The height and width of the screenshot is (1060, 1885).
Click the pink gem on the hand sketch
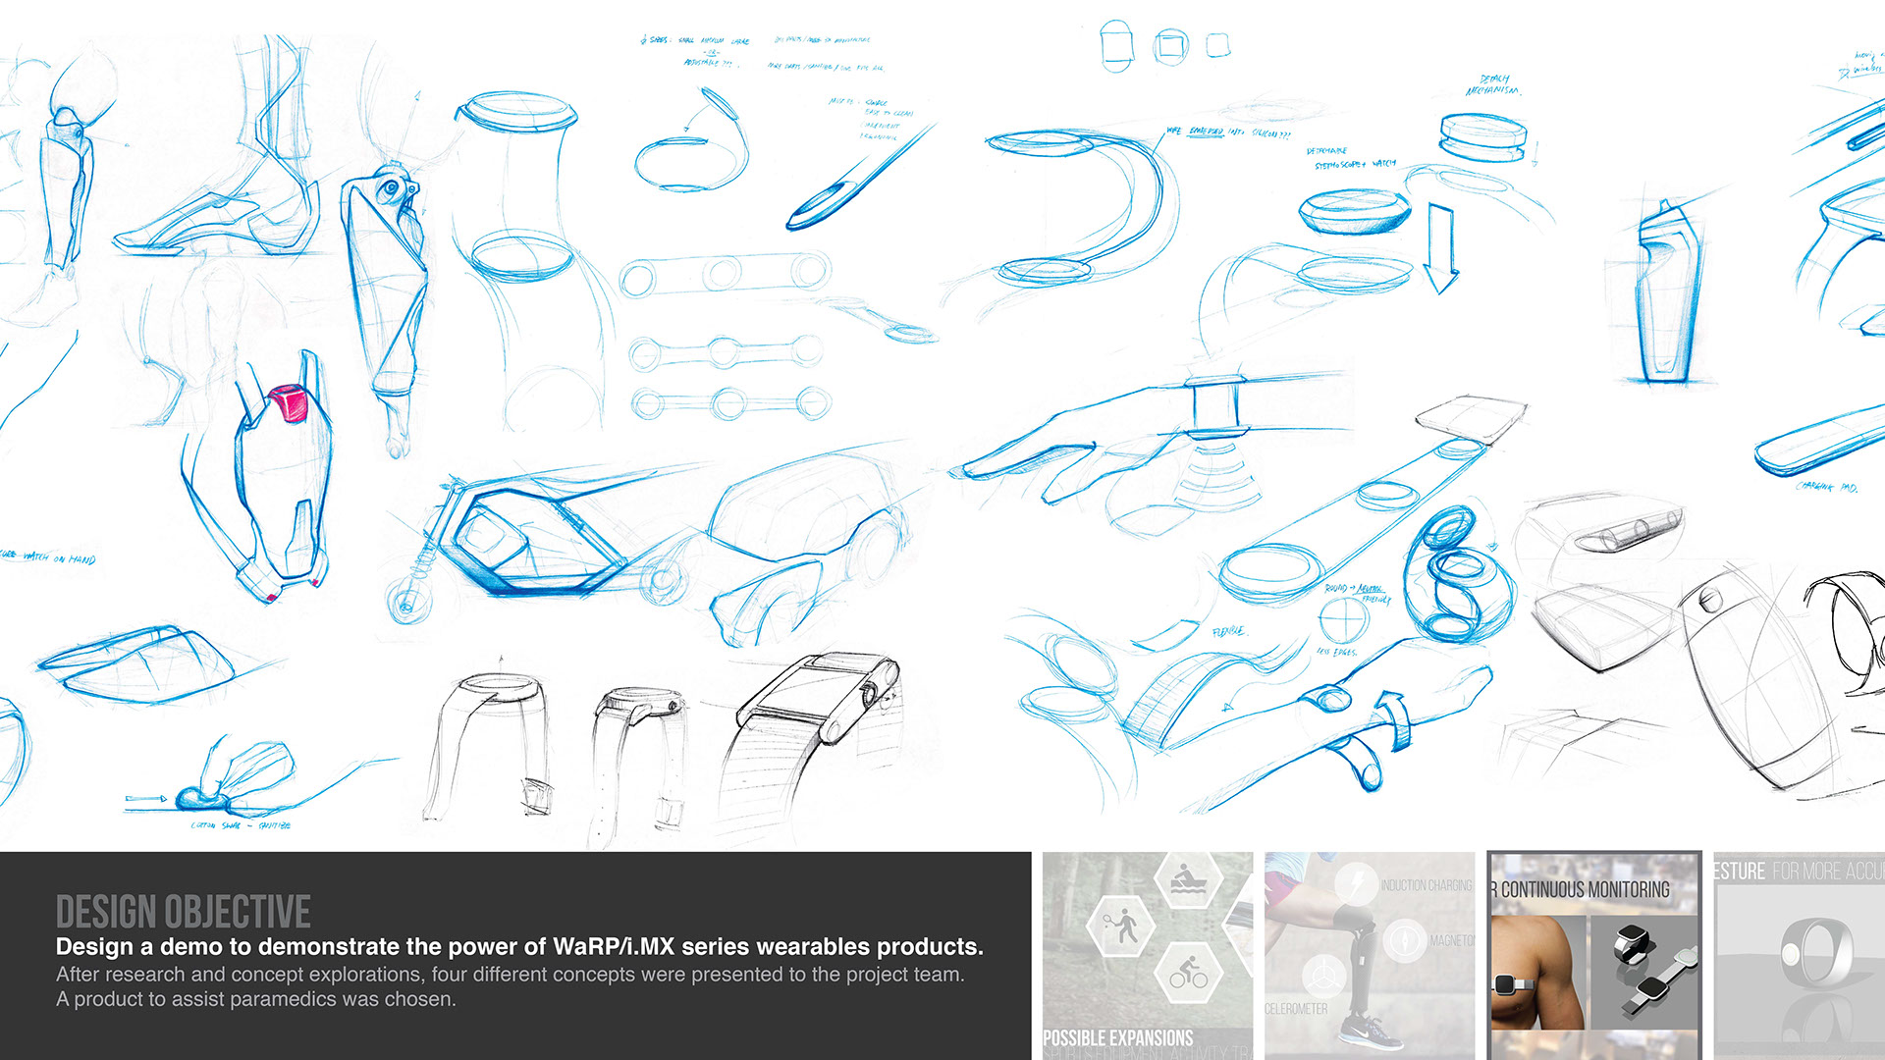(289, 402)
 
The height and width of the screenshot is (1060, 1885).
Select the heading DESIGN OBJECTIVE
(184, 912)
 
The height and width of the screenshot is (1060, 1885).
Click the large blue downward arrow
(1440, 249)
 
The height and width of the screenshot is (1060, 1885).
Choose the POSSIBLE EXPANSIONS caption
(1117, 1037)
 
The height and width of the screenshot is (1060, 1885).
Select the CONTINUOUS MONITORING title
(1585, 889)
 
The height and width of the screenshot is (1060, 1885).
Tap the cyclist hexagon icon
(1188, 971)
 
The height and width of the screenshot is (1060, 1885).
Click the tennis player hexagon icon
(1120, 925)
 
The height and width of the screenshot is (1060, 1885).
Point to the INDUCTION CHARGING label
(1426, 885)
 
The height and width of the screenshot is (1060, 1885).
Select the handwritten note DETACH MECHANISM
(1492, 85)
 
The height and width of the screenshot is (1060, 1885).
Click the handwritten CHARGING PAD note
(1825, 486)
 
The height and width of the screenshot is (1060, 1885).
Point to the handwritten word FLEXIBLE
(1228, 632)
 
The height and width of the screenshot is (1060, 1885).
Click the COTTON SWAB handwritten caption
(241, 825)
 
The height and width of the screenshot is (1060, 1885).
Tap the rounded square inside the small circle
(1170, 46)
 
